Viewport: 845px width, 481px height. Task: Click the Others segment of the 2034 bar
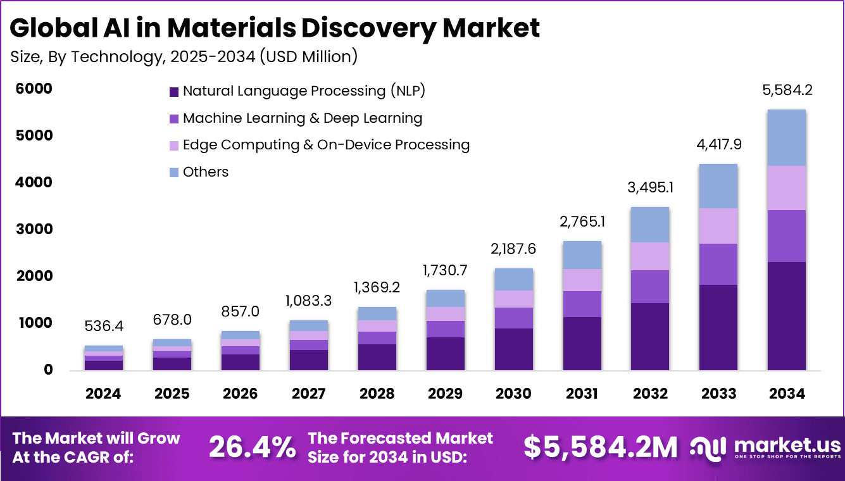point(787,137)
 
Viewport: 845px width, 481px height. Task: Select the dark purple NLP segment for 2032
point(650,337)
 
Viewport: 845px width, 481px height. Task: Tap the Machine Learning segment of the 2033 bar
point(718,264)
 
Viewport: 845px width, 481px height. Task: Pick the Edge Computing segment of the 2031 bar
point(582,280)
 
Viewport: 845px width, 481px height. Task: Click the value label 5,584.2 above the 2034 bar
point(787,90)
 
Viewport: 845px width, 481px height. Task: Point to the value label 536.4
point(103,327)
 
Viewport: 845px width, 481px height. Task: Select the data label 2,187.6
point(513,249)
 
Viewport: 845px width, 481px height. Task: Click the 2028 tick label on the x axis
point(377,394)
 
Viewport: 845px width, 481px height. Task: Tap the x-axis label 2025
point(172,394)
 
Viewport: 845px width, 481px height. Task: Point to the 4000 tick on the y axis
point(35,183)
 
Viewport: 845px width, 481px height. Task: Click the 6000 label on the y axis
point(35,89)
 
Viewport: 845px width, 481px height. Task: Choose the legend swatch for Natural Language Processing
point(174,92)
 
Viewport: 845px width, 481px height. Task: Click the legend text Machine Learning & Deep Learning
point(302,118)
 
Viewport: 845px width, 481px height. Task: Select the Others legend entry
point(205,172)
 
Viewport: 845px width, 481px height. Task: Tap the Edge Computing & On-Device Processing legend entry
point(326,145)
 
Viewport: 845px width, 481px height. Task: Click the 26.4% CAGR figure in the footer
point(252,447)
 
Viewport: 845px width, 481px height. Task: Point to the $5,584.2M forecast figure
point(600,447)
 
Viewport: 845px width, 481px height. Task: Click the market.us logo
point(765,447)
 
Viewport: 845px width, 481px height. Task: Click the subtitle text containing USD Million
point(184,56)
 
